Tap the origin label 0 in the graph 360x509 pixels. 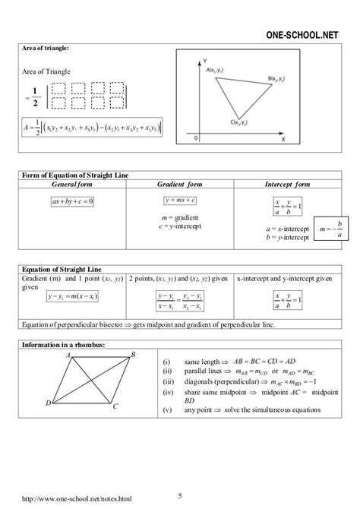coord(196,138)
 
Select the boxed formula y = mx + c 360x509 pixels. coord(181,201)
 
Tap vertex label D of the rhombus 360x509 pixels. coord(48,402)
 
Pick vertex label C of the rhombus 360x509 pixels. coord(115,406)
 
